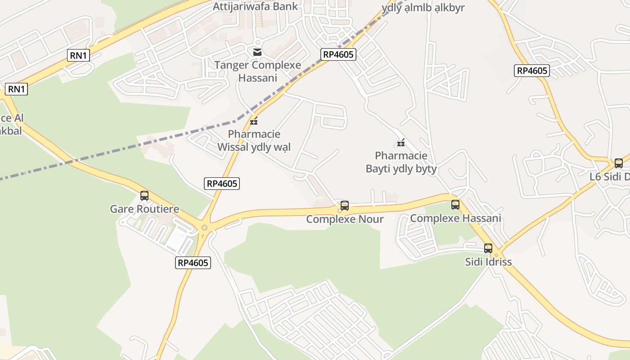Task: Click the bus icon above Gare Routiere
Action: (144, 196)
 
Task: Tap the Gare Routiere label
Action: (144, 209)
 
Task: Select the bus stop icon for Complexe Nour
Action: (345, 206)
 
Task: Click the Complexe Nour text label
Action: (345, 219)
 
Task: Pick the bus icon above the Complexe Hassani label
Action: (455, 205)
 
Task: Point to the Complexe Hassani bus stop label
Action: (455, 218)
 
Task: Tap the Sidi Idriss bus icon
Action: (488, 248)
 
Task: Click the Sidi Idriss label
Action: (488, 262)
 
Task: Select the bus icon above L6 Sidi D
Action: (619, 163)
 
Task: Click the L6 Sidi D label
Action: (610, 177)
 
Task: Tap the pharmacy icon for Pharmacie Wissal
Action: (254, 121)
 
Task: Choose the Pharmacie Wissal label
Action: (254, 140)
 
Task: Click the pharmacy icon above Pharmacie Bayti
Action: (401, 143)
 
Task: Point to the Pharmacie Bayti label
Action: (401, 162)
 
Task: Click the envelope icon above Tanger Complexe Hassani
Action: (257, 52)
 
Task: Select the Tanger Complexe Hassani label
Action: (257, 71)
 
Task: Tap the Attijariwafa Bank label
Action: (255, 6)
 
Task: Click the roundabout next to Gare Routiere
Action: (204, 227)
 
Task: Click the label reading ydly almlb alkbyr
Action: (423, 8)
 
